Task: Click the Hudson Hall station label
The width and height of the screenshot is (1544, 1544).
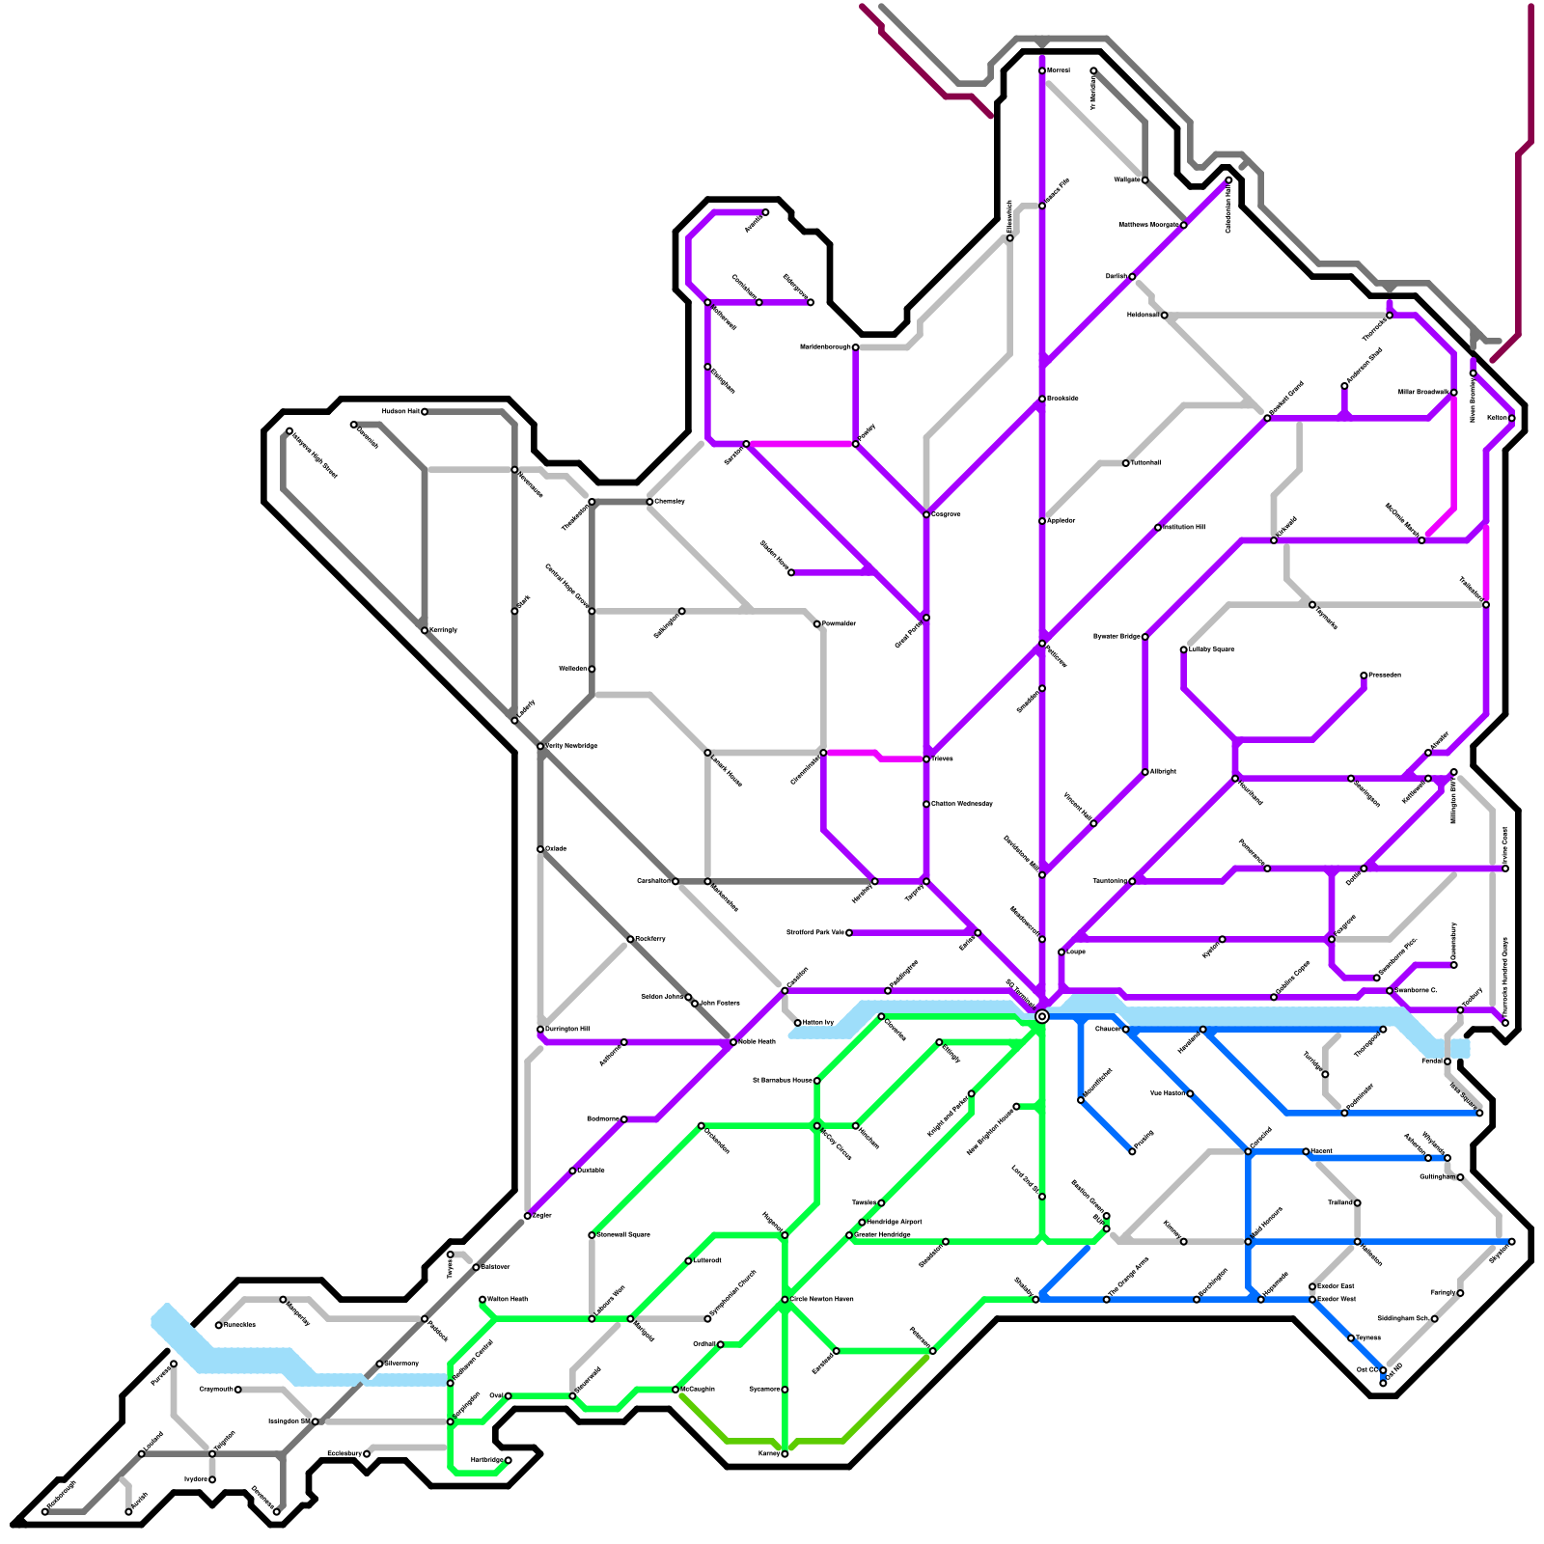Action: coord(400,411)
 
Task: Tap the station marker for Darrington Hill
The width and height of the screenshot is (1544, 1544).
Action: coord(540,1030)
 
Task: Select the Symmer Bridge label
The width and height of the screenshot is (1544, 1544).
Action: coord(1117,637)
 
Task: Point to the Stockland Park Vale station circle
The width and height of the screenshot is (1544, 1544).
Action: coord(849,933)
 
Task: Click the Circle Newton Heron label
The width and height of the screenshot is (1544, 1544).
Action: coord(822,1299)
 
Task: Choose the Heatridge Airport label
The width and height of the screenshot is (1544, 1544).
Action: coord(895,1222)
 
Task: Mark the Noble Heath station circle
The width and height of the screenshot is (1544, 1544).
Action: coord(733,1042)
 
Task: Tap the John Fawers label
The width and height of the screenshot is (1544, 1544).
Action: coord(720,1004)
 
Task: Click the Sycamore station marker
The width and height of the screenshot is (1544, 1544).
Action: coord(785,1390)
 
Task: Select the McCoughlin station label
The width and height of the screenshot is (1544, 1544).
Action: coord(698,1390)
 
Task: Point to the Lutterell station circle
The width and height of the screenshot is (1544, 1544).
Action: coord(688,1261)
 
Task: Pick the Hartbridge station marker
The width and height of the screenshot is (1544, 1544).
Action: coord(509,1460)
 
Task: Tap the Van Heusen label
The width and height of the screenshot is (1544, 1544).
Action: coord(1167,1093)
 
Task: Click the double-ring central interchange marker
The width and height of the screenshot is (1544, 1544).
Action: coord(1042,1016)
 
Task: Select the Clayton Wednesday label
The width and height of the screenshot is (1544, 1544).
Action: coord(962,804)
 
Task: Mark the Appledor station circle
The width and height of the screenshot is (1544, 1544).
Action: coord(1042,521)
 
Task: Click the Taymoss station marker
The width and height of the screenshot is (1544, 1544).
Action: coord(1351,1338)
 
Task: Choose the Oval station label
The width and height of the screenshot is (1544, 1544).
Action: coord(496,1395)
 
